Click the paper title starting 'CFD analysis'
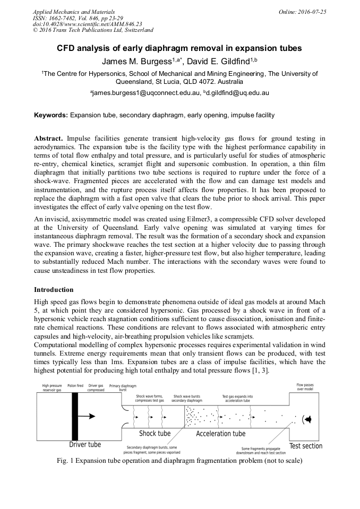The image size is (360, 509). (x=179, y=48)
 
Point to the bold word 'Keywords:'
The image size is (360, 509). (x=51, y=115)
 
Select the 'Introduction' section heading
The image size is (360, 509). (x=54, y=290)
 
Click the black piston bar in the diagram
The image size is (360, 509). (x=75, y=416)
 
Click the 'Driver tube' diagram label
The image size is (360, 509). (x=85, y=444)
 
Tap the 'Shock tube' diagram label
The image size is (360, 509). (x=155, y=434)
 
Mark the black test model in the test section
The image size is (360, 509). (x=307, y=419)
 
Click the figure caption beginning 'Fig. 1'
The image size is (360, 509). (x=179, y=461)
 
